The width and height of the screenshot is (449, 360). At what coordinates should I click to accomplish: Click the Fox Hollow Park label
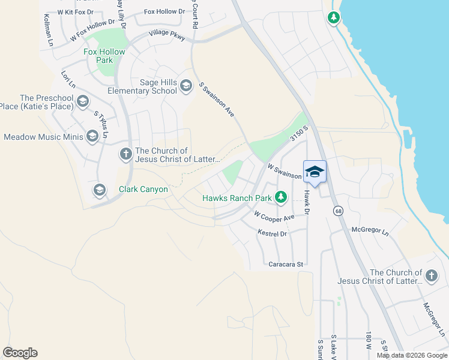pos(104,56)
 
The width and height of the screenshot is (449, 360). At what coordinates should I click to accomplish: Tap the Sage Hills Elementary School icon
pos(185,86)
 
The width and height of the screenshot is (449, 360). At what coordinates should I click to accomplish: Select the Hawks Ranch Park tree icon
pos(280,196)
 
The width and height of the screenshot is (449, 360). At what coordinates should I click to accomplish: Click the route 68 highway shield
pos(338,211)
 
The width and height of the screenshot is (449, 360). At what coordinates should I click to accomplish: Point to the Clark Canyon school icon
pos(100,190)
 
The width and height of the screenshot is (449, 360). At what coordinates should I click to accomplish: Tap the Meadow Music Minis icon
pos(92,137)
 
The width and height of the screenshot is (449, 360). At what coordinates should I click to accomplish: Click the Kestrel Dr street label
pos(273,233)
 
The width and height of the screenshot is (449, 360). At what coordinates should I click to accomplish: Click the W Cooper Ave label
pos(274,215)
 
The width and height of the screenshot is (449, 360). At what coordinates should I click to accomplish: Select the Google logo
pos(20,353)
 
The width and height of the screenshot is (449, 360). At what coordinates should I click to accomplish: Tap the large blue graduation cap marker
pos(315,172)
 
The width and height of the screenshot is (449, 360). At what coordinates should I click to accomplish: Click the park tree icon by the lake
pos(334,17)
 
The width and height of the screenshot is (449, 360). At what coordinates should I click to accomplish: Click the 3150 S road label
pos(298,134)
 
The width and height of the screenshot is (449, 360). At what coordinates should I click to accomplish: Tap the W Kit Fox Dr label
pos(76,12)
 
